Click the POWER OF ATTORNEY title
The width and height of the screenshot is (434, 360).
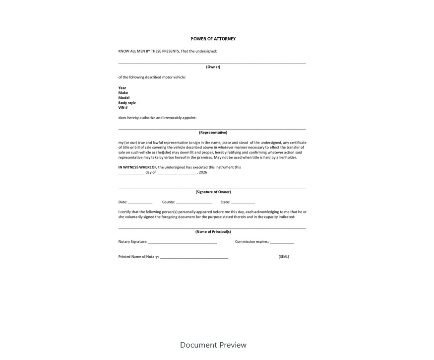pyautogui.click(x=213, y=39)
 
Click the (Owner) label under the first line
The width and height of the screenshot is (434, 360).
pyautogui.click(x=213, y=67)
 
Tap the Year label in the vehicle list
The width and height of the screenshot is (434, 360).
pyautogui.click(x=122, y=88)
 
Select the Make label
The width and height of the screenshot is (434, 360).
pyautogui.click(x=123, y=93)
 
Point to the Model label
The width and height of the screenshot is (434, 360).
pyautogui.click(x=124, y=98)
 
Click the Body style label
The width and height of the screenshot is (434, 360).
pyautogui.click(x=127, y=103)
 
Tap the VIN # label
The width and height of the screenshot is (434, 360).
pyautogui.click(x=123, y=108)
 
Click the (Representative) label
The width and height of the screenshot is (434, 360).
pyautogui.click(x=213, y=133)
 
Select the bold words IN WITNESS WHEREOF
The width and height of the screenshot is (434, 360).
pyautogui.click(x=137, y=167)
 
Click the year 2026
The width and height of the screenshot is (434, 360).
pyautogui.click(x=203, y=172)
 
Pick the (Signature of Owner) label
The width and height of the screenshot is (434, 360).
pyautogui.click(x=213, y=192)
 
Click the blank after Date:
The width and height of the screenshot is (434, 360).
pyautogui.click(x=140, y=203)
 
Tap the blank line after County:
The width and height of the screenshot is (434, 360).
pyautogui.click(x=194, y=203)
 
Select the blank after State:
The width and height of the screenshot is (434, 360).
pyautogui.click(x=243, y=203)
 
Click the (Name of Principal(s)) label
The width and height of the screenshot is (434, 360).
pyautogui.click(x=213, y=232)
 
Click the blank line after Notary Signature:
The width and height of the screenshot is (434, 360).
pyautogui.click(x=183, y=242)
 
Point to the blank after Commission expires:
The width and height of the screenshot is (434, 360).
pyautogui.click(x=282, y=242)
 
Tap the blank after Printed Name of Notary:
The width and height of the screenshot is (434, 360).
pyautogui.click(x=194, y=257)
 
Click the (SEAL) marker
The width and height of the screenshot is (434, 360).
pyautogui.click(x=284, y=257)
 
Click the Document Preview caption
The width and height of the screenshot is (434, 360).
pyautogui.click(x=213, y=345)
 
